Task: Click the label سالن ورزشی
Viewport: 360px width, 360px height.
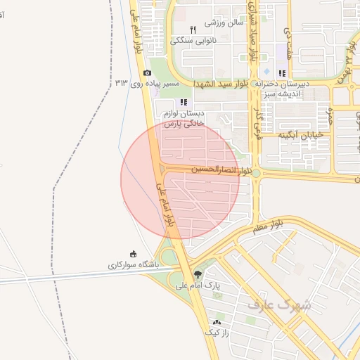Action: click(224, 22)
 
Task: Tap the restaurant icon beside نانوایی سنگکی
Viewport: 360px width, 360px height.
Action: click(193, 30)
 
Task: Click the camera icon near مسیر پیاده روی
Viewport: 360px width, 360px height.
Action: click(147, 73)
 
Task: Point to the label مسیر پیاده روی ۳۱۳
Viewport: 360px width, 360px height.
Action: click(148, 84)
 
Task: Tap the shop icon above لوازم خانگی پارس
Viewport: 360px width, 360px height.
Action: click(184, 102)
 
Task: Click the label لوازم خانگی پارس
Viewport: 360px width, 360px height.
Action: click(184, 118)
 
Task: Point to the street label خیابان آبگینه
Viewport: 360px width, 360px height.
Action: click(300, 134)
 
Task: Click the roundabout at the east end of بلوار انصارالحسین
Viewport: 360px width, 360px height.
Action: click(257, 173)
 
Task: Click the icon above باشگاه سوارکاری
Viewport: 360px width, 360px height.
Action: click(133, 254)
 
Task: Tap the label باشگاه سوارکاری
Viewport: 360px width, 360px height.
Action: click(134, 265)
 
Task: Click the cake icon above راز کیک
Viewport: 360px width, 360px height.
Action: click(217, 321)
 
